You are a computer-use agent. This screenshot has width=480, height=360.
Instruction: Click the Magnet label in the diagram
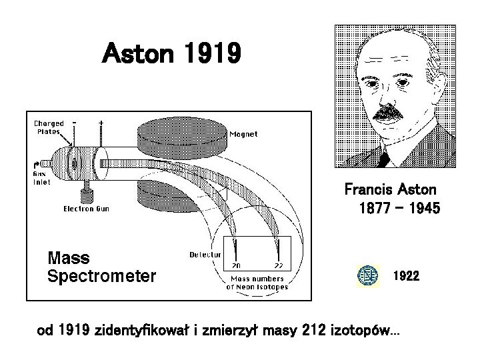[x=243, y=134]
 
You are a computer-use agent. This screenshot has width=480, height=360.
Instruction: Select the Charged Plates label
[x=49, y=127]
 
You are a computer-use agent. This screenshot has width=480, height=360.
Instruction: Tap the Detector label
[x=205, y=255]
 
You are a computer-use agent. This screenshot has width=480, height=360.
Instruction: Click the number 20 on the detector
[x=235, y=266]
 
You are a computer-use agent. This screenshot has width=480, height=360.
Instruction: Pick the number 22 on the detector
[x=278, y=266]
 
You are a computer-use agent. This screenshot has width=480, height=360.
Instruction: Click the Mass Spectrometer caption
[x=101, y=267]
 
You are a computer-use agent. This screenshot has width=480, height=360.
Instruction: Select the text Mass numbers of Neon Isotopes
[x=257, y=283]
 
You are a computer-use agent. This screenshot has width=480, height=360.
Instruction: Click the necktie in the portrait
[x=383, y=158]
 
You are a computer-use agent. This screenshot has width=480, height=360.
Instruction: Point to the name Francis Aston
[x=390, y=189]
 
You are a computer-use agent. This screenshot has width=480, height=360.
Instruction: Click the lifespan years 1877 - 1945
[x=399, y=209]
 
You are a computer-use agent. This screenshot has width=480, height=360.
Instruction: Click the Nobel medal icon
[x=367, y=275]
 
